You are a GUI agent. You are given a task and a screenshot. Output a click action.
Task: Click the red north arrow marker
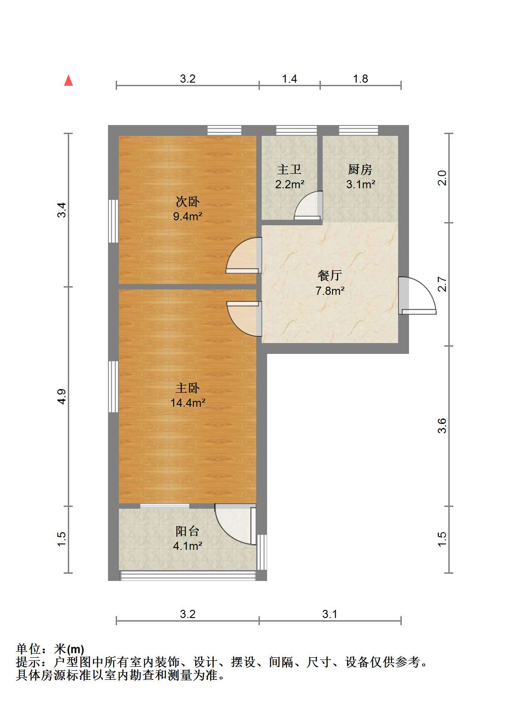(69, 80)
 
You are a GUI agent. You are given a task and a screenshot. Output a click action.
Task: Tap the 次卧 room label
(188, 202)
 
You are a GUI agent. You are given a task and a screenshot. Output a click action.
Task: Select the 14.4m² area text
(188, 403)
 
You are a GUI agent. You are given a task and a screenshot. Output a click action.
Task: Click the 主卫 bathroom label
(289, 170)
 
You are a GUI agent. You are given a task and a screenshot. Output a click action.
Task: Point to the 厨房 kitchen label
(360, 170)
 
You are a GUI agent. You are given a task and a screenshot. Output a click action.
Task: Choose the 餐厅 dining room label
(330, 275)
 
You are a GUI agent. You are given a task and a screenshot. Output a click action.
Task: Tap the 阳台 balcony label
(188, 531)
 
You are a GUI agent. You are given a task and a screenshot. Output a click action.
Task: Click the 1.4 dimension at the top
(289, 79)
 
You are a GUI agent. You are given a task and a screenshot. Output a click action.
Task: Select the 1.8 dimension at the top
(361, 79)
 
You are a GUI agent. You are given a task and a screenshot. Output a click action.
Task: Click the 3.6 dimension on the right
(442, 426)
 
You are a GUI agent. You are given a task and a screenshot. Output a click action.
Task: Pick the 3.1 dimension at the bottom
(330, 613)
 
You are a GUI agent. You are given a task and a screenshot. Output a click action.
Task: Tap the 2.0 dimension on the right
(442, 178)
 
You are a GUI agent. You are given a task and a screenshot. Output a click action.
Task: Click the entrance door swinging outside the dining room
(417, 296)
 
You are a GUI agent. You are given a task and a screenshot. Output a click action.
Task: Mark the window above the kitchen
(358, 130)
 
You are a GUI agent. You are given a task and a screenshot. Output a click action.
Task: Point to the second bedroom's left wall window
(113, 221)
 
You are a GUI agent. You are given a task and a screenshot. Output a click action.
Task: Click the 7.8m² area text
(330, 290)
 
